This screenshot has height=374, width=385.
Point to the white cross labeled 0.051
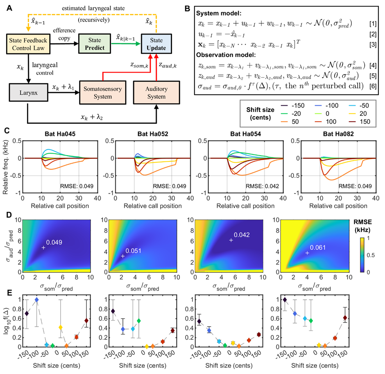pos(122,256)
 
